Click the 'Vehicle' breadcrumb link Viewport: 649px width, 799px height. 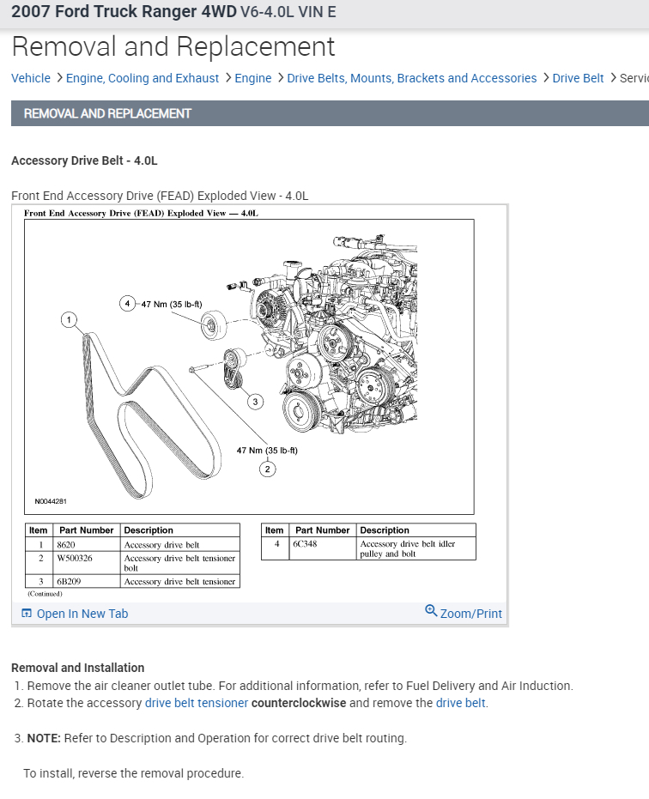pyautogui.click(x=31, y=78)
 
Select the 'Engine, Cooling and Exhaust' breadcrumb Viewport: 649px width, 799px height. pyautogui.click(x=143, y=78)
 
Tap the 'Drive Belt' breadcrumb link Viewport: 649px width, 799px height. pyautogui.click(x=578, y=78)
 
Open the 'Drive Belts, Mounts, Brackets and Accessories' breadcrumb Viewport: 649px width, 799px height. pyautogui.click(x=411, y=78)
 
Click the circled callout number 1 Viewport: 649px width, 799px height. pyautogui.click(x=69, y=320)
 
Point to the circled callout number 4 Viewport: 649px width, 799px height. pyautogui.click(x=127, y=303)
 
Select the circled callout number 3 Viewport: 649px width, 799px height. pyautogui.click(x=255, y=402)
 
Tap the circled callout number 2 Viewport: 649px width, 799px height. pyautogui.click(x=267, y=469)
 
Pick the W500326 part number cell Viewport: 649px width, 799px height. pyautogui.click(x=74, y=559)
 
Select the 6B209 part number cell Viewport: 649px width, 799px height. pyautogui.click(x=69, y=582)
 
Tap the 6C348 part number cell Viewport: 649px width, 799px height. pyautogui.click(x=305, y=544)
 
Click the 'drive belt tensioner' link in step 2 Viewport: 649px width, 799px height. pyautogui.click(x=197, y=703)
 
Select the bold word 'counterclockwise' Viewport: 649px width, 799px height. pyautogui.click(x=299, y=703)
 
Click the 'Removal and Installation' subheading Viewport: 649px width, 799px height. pyautogui.click(x=77, y=668)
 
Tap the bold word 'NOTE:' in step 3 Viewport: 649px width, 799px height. pyautogui.click(x=43, y=738)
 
